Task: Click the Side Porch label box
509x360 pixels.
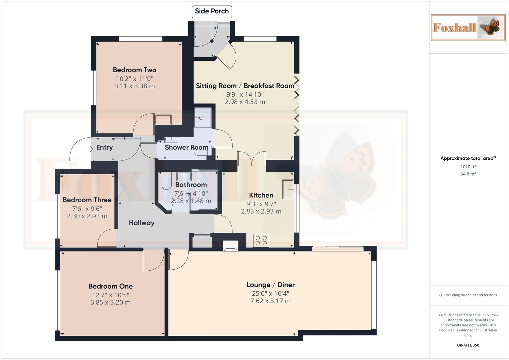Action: coord(212,11)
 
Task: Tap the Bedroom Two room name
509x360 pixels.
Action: coord(134,70)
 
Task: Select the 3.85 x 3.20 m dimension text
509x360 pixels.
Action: coord(110,303)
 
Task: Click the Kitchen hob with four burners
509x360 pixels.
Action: coord(261,240)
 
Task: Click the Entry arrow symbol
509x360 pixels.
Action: coord(90,149)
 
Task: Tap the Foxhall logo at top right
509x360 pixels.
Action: coord(468,27)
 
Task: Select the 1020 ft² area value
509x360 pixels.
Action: coord(468,167)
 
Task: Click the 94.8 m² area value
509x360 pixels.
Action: coord(468,174)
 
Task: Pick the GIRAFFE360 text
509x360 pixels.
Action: coord(468,345)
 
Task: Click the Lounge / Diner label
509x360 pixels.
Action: coord(270,285)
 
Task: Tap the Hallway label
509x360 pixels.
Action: coord(142,223)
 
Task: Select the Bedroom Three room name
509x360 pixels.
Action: coord(87,200)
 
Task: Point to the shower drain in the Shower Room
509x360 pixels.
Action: coord(201,118)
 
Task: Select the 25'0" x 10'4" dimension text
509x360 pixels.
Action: coord(270,294)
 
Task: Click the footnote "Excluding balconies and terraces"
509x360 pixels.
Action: coord(468,295)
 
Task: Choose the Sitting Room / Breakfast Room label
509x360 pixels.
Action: coord(245,86)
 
